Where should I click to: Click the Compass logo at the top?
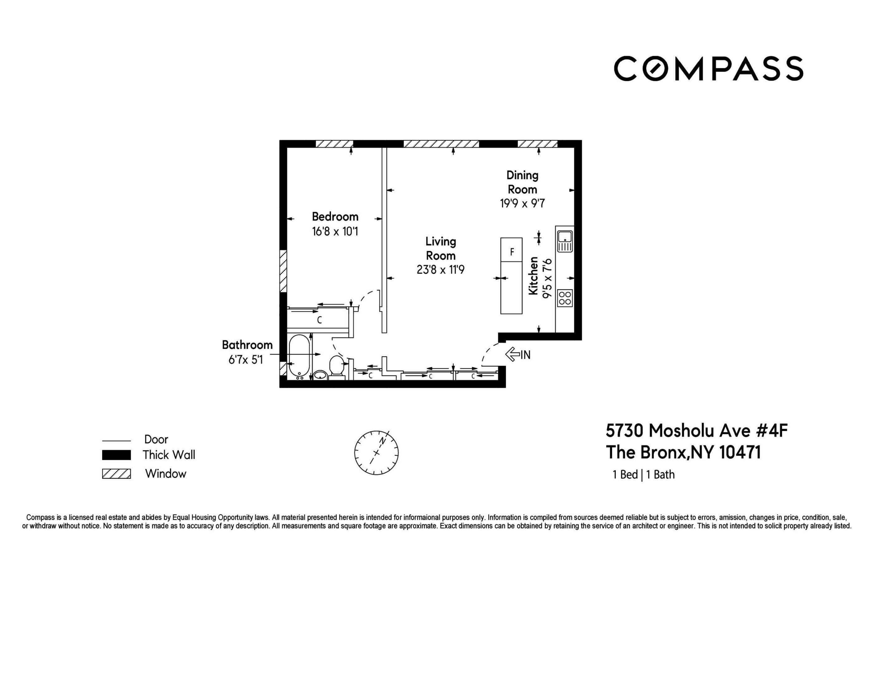click(708, 69)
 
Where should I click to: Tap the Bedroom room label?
click(335, 217)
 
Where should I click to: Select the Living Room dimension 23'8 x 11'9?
click(440, 270)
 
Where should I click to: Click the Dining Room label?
click(522, 182)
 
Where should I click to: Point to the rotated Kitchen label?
click(533, 276)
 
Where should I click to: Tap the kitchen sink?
click(565, 241)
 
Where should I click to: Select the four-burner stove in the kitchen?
click(565, 298)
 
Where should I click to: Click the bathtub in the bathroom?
click(299, 356)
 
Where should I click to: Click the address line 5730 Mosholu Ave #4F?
click(696, 431)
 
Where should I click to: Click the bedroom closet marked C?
click(319, 320)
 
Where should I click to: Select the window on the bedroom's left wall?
click(283, 271)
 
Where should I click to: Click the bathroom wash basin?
click(320, 375)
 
